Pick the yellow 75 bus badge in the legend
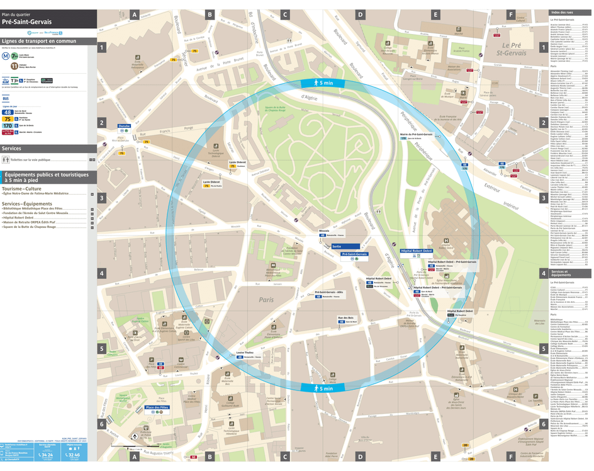8,118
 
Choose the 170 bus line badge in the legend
8,125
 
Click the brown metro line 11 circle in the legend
5,65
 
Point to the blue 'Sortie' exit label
337,247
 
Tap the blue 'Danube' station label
124,126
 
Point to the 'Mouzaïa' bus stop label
324,231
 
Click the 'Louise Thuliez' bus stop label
245,353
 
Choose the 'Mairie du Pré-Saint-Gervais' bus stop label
416,134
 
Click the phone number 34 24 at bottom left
45,454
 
